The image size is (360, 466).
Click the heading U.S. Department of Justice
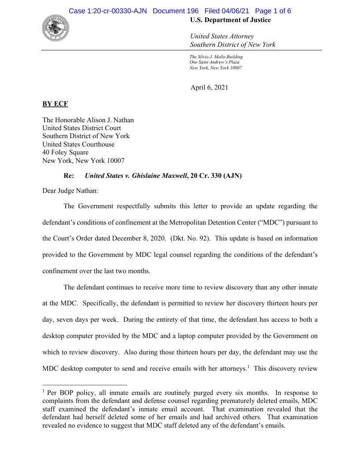pyautogui.click(x=230, y=20)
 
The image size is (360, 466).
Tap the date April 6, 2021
pyautogui.click(x=209, y=87)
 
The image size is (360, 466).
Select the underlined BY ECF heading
pyautogui.click(x=55, y=104)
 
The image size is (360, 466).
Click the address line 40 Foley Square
pyautogui.click(x=65, y=152)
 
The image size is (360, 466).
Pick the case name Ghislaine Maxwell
pyautogui.click(x=159, y=176)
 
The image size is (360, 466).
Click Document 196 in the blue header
pyautogui.click(x=176, y=11)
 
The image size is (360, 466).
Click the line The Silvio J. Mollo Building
pyautogui.click(x=216, y=57)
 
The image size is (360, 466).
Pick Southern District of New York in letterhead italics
pyautogui.click(x=232, y=45)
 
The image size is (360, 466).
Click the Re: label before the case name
pyautogui.click(x=69, y=176)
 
